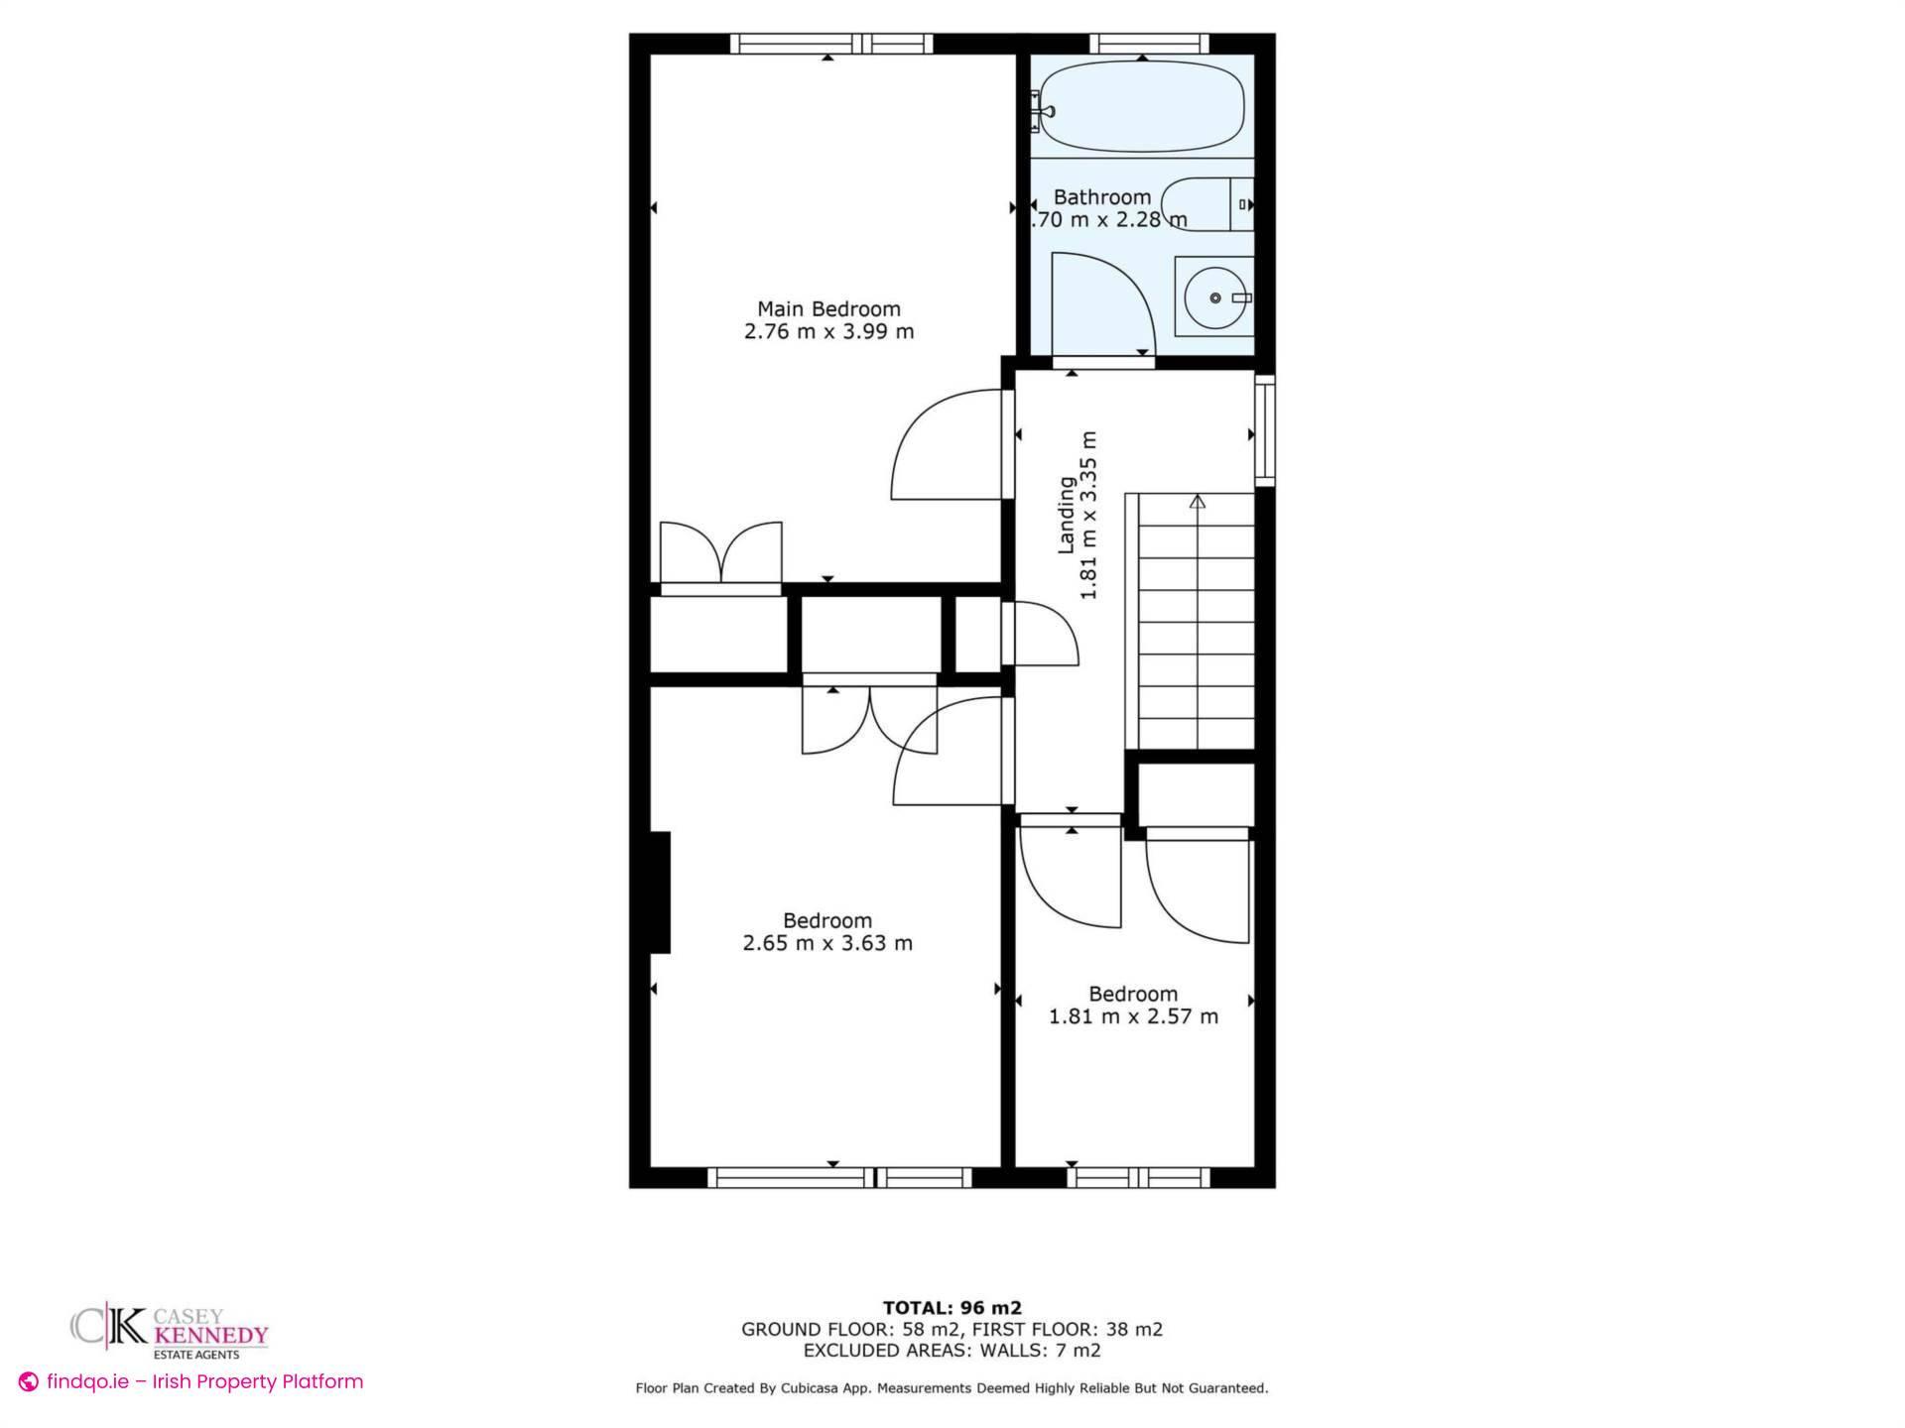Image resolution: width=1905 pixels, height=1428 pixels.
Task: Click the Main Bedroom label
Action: [x=828, y=308]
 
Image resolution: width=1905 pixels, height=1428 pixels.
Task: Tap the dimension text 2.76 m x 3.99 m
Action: [x=828, y=332]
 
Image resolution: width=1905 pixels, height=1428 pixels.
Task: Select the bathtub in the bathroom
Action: [x=1141, y=106]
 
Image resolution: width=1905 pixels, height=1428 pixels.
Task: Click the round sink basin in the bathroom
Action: [x=1214, y=297]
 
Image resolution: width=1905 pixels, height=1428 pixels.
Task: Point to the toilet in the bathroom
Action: [x=1206, y=204]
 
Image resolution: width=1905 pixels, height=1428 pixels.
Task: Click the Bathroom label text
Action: [x=1101, y=197]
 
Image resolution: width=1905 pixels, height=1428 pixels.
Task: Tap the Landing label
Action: [x=1067, y=515]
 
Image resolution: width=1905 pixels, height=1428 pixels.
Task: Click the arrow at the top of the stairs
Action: [x=1198, y=502]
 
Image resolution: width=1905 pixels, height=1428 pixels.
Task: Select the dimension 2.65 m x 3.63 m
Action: [x=827, y=943]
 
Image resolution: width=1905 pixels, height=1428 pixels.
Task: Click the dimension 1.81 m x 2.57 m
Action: [x=1133, y=1016]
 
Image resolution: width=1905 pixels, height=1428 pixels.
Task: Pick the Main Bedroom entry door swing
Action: [x=948, y=446]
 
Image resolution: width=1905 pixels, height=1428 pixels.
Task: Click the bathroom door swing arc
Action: [x=1101, y=302]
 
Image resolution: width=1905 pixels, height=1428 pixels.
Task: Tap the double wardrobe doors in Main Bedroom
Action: [x=721, y=552]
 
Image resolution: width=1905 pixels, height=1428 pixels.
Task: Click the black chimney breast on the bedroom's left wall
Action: [x=660, y=892]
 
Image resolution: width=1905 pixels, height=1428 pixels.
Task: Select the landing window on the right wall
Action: [x=1264, y=430]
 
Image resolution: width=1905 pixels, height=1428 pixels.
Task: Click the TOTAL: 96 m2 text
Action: [x=952, y=1308]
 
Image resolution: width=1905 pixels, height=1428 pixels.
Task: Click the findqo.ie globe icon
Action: [x=29, y=1382]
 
